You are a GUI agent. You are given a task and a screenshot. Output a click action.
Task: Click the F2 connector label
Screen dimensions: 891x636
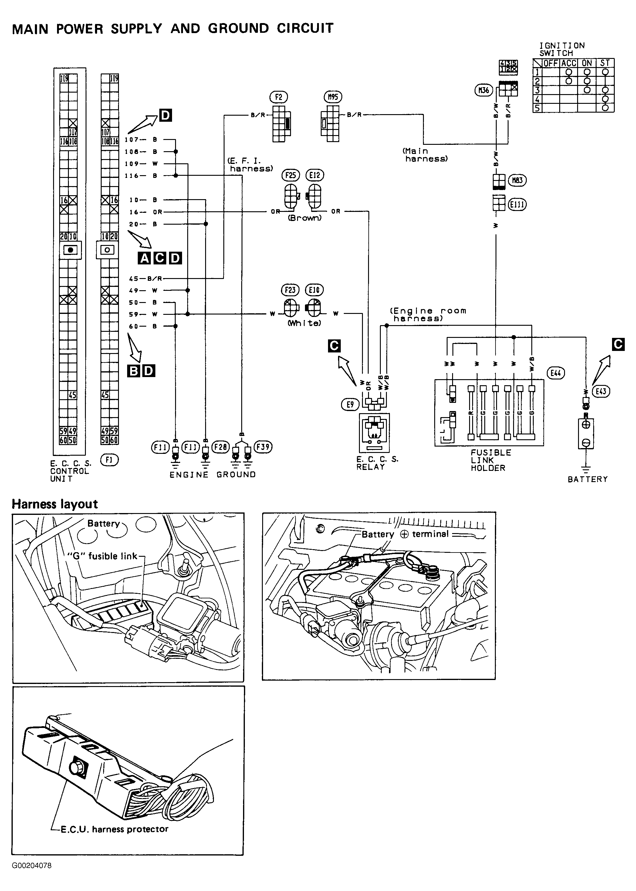pyautogui.click(x=279, y=97)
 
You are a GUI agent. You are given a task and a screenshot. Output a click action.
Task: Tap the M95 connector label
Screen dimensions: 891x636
pyautogui.click(x=333, y=97)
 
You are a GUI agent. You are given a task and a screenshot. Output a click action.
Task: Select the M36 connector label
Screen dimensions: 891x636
pyautogui.click(x=484, y=90)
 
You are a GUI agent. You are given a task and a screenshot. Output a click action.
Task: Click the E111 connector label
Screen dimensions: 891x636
pyautogui.click(x=517, y=205)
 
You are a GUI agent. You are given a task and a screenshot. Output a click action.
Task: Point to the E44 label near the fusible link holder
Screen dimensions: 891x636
pyautogui.click(x=556, y=373)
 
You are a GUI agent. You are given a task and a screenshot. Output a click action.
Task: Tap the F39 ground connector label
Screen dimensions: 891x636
pyautogui.click(x=263, y=447)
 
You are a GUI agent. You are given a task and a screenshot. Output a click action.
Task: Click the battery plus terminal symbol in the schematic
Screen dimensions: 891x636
pyautogui.click(x=586, y=424)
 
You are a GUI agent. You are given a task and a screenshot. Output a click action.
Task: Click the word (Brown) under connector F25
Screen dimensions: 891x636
pyautogui.click(x=305, y=218)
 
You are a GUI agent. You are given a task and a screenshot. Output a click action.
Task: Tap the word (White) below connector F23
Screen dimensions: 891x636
pyautogui.click(x=304, y=323)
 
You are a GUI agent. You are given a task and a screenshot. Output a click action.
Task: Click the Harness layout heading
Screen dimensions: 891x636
pyautogui.click(x=55, y=504)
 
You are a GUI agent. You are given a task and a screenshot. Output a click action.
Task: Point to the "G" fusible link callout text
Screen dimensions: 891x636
pyautogui.click(x=102, y=556)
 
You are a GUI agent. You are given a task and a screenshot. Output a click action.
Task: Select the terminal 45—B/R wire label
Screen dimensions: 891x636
pyautogui.click(x=145, y=279)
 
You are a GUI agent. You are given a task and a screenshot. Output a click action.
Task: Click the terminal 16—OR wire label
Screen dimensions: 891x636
pyautogui.click(x=145, y=212)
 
